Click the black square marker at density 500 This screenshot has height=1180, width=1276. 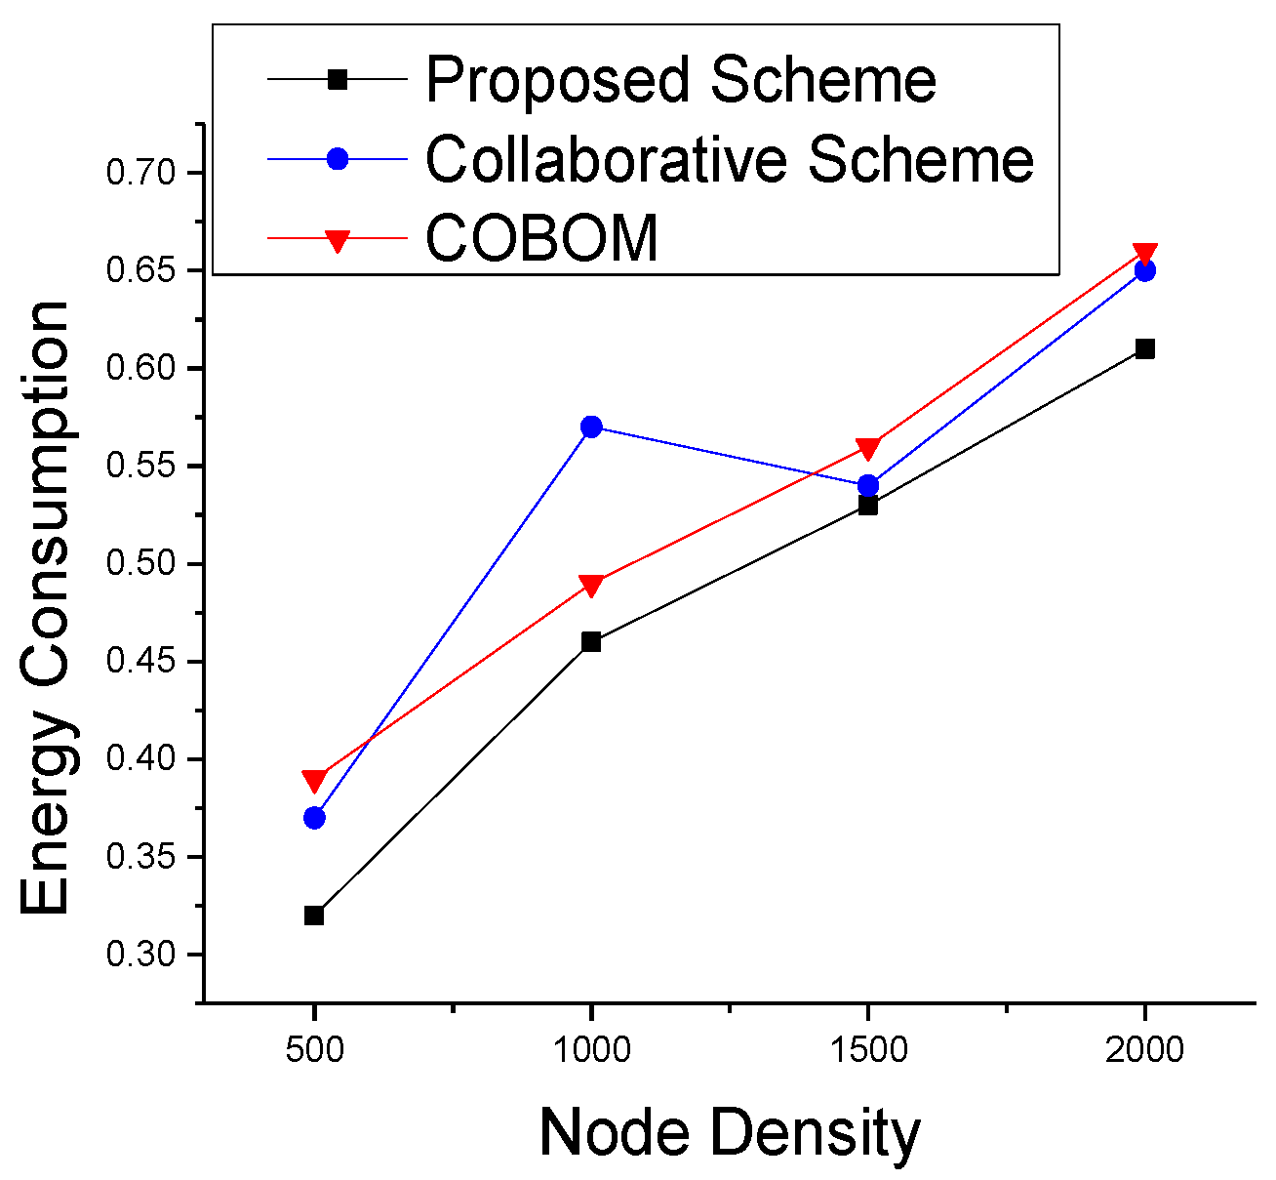314,916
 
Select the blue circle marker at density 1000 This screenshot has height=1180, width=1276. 591,427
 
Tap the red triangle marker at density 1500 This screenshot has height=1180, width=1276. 868,448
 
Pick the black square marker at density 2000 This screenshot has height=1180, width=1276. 1145,348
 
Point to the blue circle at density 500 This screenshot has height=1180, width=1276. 314,818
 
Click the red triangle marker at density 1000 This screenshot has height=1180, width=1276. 591,585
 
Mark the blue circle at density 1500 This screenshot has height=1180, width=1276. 868,485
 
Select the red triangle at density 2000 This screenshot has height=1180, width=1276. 1145,254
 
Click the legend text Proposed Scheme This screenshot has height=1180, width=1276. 681,79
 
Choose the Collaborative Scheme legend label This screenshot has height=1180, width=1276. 730,158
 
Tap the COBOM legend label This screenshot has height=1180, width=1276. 542,237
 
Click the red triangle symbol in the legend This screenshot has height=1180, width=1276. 337,239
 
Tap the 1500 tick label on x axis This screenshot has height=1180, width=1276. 868,1050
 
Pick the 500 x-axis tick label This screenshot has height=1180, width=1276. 314,1050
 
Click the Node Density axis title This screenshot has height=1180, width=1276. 730,1133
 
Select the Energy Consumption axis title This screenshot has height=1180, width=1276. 46,607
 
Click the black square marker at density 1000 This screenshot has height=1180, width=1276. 591,641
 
